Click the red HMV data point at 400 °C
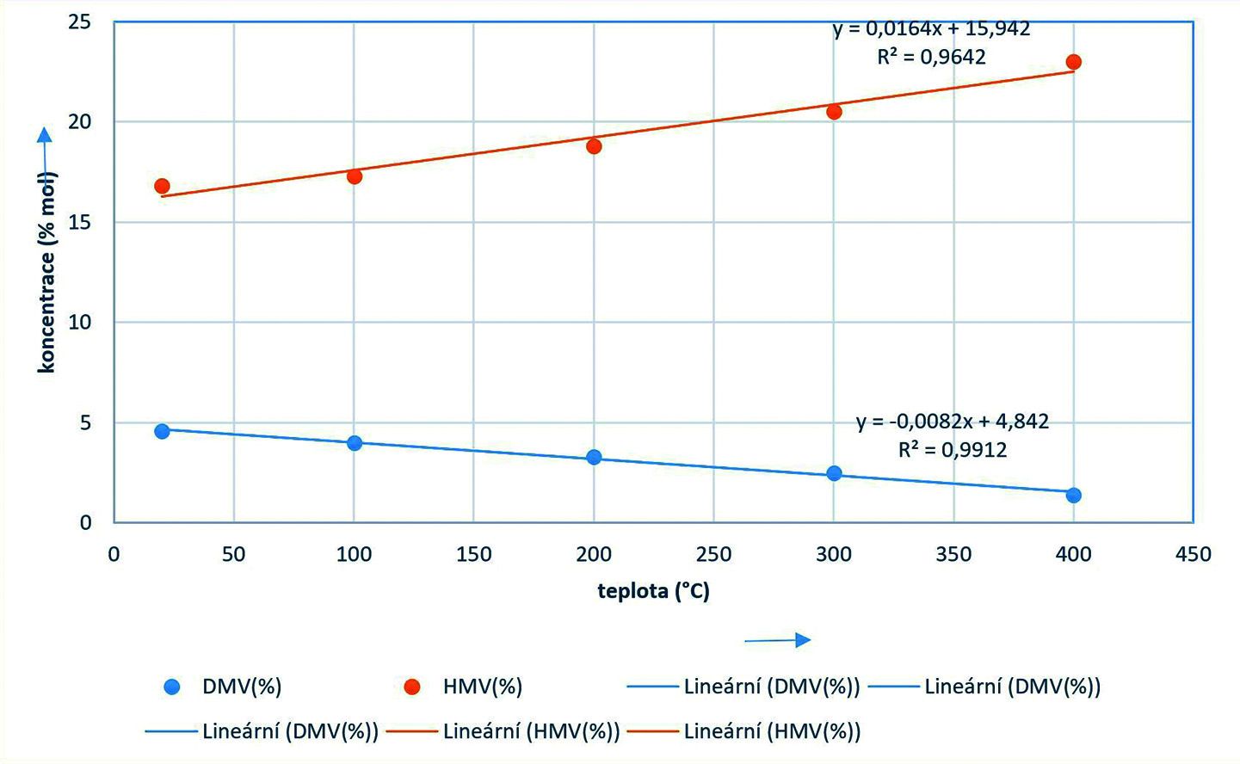1073,62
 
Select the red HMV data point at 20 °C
162,186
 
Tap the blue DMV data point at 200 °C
594,457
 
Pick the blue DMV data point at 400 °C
1073,495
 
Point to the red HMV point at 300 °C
834,111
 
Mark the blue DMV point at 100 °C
354,442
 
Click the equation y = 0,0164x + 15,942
931,28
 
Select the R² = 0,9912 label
953,449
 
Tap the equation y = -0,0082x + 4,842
953,422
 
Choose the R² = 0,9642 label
931,57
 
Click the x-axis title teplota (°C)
653,591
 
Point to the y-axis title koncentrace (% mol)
46,272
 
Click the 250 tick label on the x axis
713,554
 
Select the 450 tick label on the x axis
1193,554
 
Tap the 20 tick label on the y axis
80,121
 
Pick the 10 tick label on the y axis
80,322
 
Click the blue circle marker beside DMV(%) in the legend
172,687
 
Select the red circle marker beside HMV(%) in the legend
412,687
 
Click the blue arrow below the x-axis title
778,639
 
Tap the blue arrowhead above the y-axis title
44,134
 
